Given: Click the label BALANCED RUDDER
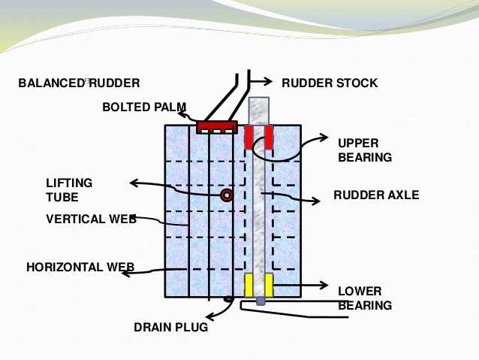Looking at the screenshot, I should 79,83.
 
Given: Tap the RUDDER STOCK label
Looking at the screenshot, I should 329,83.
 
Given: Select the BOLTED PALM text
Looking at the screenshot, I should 144,107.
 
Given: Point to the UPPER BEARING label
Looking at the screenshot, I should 364,150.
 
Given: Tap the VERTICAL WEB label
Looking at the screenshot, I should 91,219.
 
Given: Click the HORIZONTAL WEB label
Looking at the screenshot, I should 80,267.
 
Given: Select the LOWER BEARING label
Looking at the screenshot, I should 364,298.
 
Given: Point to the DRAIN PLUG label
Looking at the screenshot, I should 170,328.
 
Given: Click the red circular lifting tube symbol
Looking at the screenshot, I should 226,195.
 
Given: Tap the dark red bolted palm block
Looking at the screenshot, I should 217,127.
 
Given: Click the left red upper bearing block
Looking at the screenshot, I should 249,138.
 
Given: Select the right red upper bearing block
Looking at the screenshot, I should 268,138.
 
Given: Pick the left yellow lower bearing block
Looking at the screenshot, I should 249,285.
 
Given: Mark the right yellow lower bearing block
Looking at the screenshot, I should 268,285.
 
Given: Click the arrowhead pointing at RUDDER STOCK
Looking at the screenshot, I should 269,82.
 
